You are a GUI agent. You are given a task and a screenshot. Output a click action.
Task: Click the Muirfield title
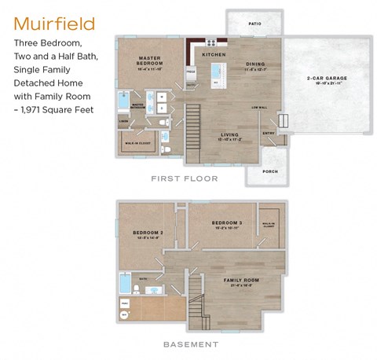coord(54,24)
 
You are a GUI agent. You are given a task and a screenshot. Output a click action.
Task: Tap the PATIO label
coord(254,24)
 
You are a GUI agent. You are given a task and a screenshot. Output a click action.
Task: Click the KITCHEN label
coord(214,55)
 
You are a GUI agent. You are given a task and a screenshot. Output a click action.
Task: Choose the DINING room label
coord(254,64)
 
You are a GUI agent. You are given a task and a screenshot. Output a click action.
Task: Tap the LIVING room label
coord(229,134)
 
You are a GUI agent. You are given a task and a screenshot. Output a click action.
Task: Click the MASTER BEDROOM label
coord(149,61)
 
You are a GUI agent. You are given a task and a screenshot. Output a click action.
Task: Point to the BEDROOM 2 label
coord(147,233)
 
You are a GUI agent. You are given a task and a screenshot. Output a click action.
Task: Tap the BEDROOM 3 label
coord(228,223)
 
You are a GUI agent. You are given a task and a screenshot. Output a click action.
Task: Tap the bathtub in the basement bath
coord(126,282)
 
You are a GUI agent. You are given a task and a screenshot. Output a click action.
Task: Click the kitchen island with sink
coord(217,75)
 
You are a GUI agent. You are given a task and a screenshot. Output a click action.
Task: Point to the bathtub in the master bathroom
coord(124,101)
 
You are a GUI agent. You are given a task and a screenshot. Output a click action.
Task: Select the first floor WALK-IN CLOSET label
coord(137,143)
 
